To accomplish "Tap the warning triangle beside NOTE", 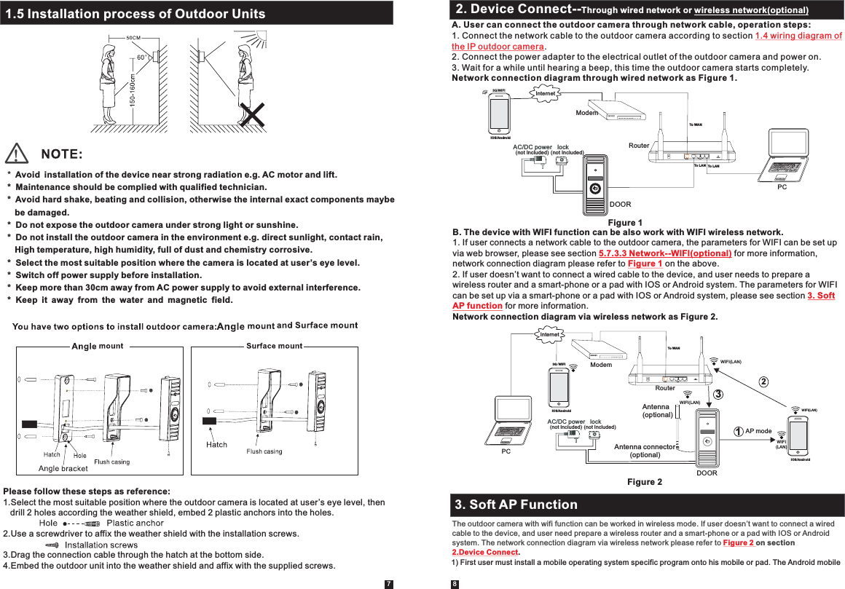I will click(17, 154).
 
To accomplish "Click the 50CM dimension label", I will click(133, 38).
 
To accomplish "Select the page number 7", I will click(389, 583).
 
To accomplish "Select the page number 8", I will click(455, 583).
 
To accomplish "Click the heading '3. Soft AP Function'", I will click(516, 505).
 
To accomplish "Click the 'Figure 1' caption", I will click(624, 222).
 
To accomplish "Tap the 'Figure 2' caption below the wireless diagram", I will click(644, 482).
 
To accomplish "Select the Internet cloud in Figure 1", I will click(545, 93).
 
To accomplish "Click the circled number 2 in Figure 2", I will click(763, 382).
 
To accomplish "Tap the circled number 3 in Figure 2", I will click(718, 394).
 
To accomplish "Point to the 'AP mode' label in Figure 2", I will click(758, 431).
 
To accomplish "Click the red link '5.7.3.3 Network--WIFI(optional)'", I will click(664, 253).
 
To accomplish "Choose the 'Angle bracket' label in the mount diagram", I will click(63, 468).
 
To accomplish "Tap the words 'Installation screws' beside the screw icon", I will click(101, 545).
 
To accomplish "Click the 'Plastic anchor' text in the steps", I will click(135, 523).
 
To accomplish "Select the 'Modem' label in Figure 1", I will click(586, 113).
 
